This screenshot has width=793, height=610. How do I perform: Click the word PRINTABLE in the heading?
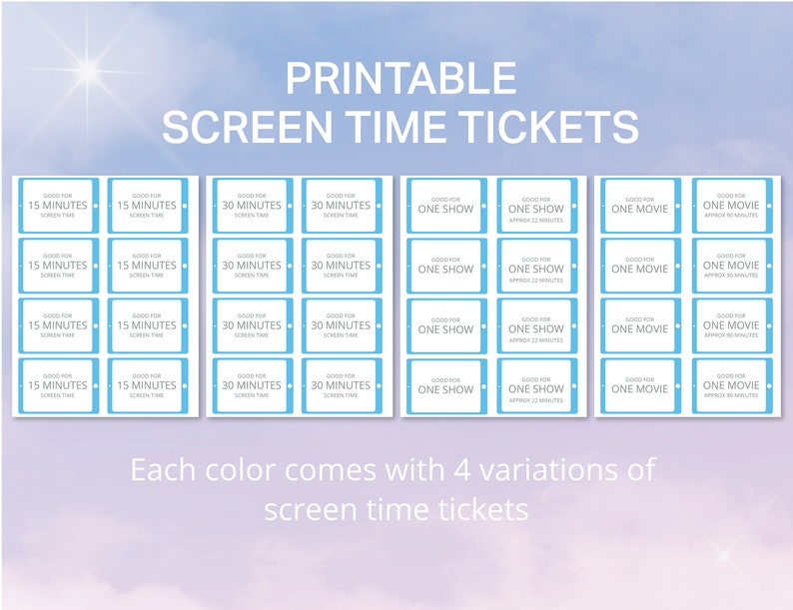click(x=400, y=78)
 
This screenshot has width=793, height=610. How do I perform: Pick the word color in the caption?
click(x=252, y=469)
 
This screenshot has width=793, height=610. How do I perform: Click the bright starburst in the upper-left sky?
click(x=88, y=70)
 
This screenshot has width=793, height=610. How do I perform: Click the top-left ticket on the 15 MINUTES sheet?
click(x=58, y=206)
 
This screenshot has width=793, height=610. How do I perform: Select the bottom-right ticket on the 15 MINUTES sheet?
click(x=147, y=385)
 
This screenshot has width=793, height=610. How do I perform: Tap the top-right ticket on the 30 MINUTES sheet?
click(x=341, y=206)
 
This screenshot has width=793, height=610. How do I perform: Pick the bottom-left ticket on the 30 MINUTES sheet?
click(x=252, y=385)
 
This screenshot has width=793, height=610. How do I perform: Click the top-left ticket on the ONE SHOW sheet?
click(x=445, y=206)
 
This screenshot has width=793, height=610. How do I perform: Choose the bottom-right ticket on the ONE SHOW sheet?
click(x=536, y=385)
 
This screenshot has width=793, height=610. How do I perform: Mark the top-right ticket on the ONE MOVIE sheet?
click(x=730, y=206)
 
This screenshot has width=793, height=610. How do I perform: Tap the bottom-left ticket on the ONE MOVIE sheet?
click(x=639, y=385)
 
